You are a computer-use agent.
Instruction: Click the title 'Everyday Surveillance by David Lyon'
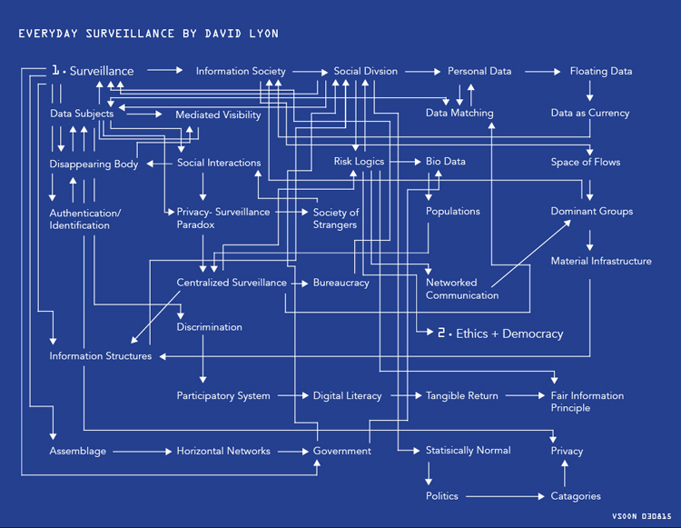point(149,34)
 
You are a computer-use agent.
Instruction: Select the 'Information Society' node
point(241,71)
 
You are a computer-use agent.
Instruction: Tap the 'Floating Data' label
point(600,71)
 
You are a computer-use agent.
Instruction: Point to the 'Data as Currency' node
point(589,114)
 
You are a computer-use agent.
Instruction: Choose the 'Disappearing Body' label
point(94,164)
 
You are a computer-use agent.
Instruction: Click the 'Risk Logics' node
point(359,162)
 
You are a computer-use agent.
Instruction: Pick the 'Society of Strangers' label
point(336,218)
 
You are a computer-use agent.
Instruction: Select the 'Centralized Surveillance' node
point(232,283)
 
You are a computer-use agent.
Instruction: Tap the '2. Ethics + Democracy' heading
point(500,334)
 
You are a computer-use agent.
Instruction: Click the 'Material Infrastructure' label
point(600,261)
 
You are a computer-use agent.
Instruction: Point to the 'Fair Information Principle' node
point(587,402)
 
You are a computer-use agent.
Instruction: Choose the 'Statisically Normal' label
point(468,450)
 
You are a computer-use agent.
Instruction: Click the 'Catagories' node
point(576,496)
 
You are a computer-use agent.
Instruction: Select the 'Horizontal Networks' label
point(223,451)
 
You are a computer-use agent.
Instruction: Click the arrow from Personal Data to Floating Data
point(541,71)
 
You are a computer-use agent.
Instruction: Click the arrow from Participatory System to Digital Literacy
point(291,396)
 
